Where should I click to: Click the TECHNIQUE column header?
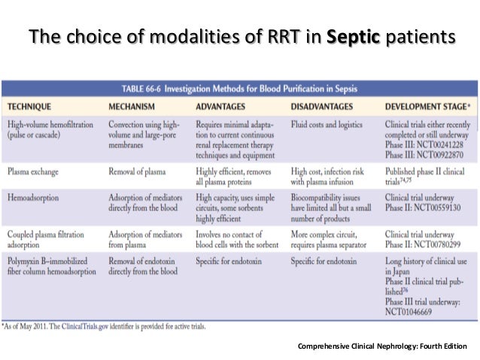[x=32, y=105]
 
